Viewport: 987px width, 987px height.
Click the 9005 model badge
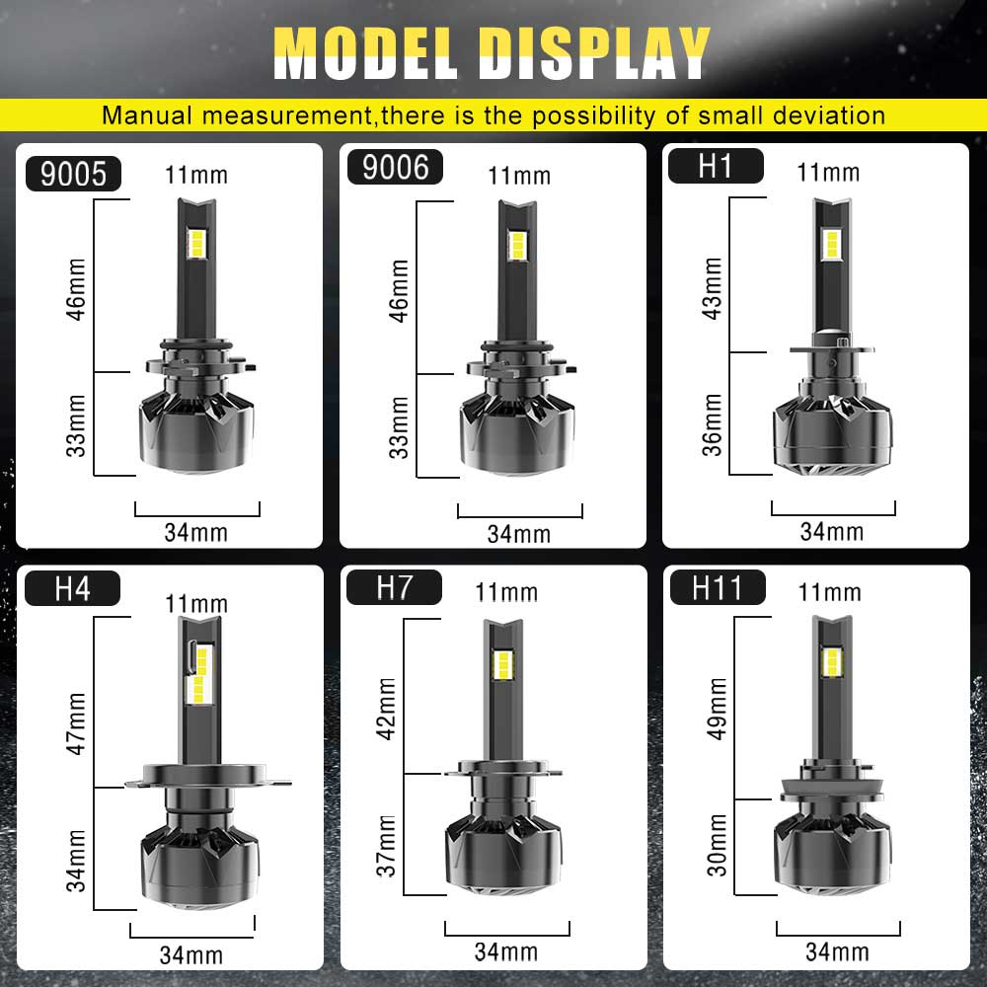[73, 174]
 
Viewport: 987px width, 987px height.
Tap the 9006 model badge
[396, 168]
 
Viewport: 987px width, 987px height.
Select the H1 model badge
[716, 166]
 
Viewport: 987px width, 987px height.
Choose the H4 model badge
[72, 588]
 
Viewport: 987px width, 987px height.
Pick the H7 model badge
[394, 587]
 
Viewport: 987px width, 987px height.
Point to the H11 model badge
[718, 587]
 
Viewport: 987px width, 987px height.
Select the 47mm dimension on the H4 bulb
[76, 723]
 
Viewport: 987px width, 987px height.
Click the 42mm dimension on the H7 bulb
[386, 709]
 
